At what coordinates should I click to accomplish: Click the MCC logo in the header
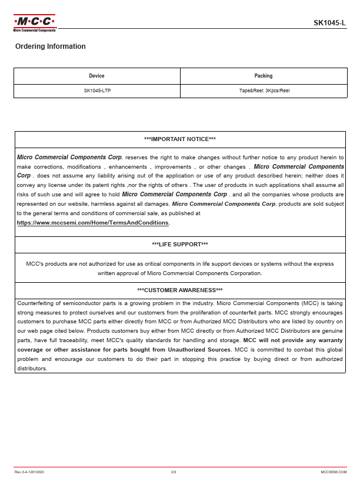coord(35,22)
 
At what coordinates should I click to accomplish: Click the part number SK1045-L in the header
coord(329,23)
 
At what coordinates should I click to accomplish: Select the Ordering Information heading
coord(51,46)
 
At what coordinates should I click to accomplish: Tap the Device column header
coord(96,76)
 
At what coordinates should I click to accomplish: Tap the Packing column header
coord(264,76)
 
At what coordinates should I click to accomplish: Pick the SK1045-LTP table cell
coord(97,91)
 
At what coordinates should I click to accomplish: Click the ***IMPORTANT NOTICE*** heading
coord(180,139)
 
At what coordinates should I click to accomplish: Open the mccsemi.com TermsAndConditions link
coord(93,223)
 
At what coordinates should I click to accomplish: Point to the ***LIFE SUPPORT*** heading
coord(180,245)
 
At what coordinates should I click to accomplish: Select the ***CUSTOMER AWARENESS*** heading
coord(180,290)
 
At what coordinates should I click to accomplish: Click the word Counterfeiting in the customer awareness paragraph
coord(36,303)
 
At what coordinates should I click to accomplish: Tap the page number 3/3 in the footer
coord(174,472)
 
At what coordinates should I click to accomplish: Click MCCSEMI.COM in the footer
coord(334,472)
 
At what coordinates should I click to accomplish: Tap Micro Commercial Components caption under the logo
coord(35,30)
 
